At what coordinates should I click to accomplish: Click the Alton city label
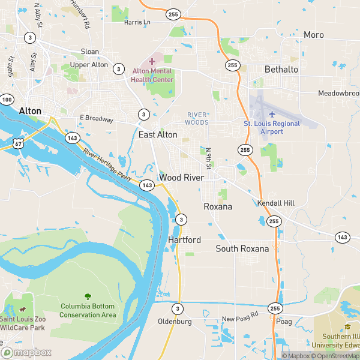pyautogui.click(x=30, y=111)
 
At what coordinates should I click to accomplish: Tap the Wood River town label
pyautogui.click(x=182, y=178)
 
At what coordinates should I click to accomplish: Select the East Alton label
pyautogui.click(x=158, y=135)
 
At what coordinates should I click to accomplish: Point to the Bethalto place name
pyautogui.click(x=281, y=70)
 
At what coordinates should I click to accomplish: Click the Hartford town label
pyautogui.click(x=185, y=240)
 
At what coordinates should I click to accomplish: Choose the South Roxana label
pyautogui.click(x=242, y=249)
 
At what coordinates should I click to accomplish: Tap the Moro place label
pyautogui.click(x=313, y=35)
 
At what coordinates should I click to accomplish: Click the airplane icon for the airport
pyautogui.click(x=272, y=114)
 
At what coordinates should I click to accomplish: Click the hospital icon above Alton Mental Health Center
pyautogui.click(x=152, y=61)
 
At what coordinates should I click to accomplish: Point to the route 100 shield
pyautogui.click(x=7, y=99)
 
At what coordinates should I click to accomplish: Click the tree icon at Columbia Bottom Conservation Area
pyautogui.click(x=88, y=296)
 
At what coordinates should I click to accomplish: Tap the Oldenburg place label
pyautogui.click(x=175, y=322)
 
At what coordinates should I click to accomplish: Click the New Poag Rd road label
pyautogui.click(x=239, y=318)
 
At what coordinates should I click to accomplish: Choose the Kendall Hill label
pyautogui.click(x=276, y=204)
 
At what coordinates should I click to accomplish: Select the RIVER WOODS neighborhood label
pyautogui.click(x=197, y=118)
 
